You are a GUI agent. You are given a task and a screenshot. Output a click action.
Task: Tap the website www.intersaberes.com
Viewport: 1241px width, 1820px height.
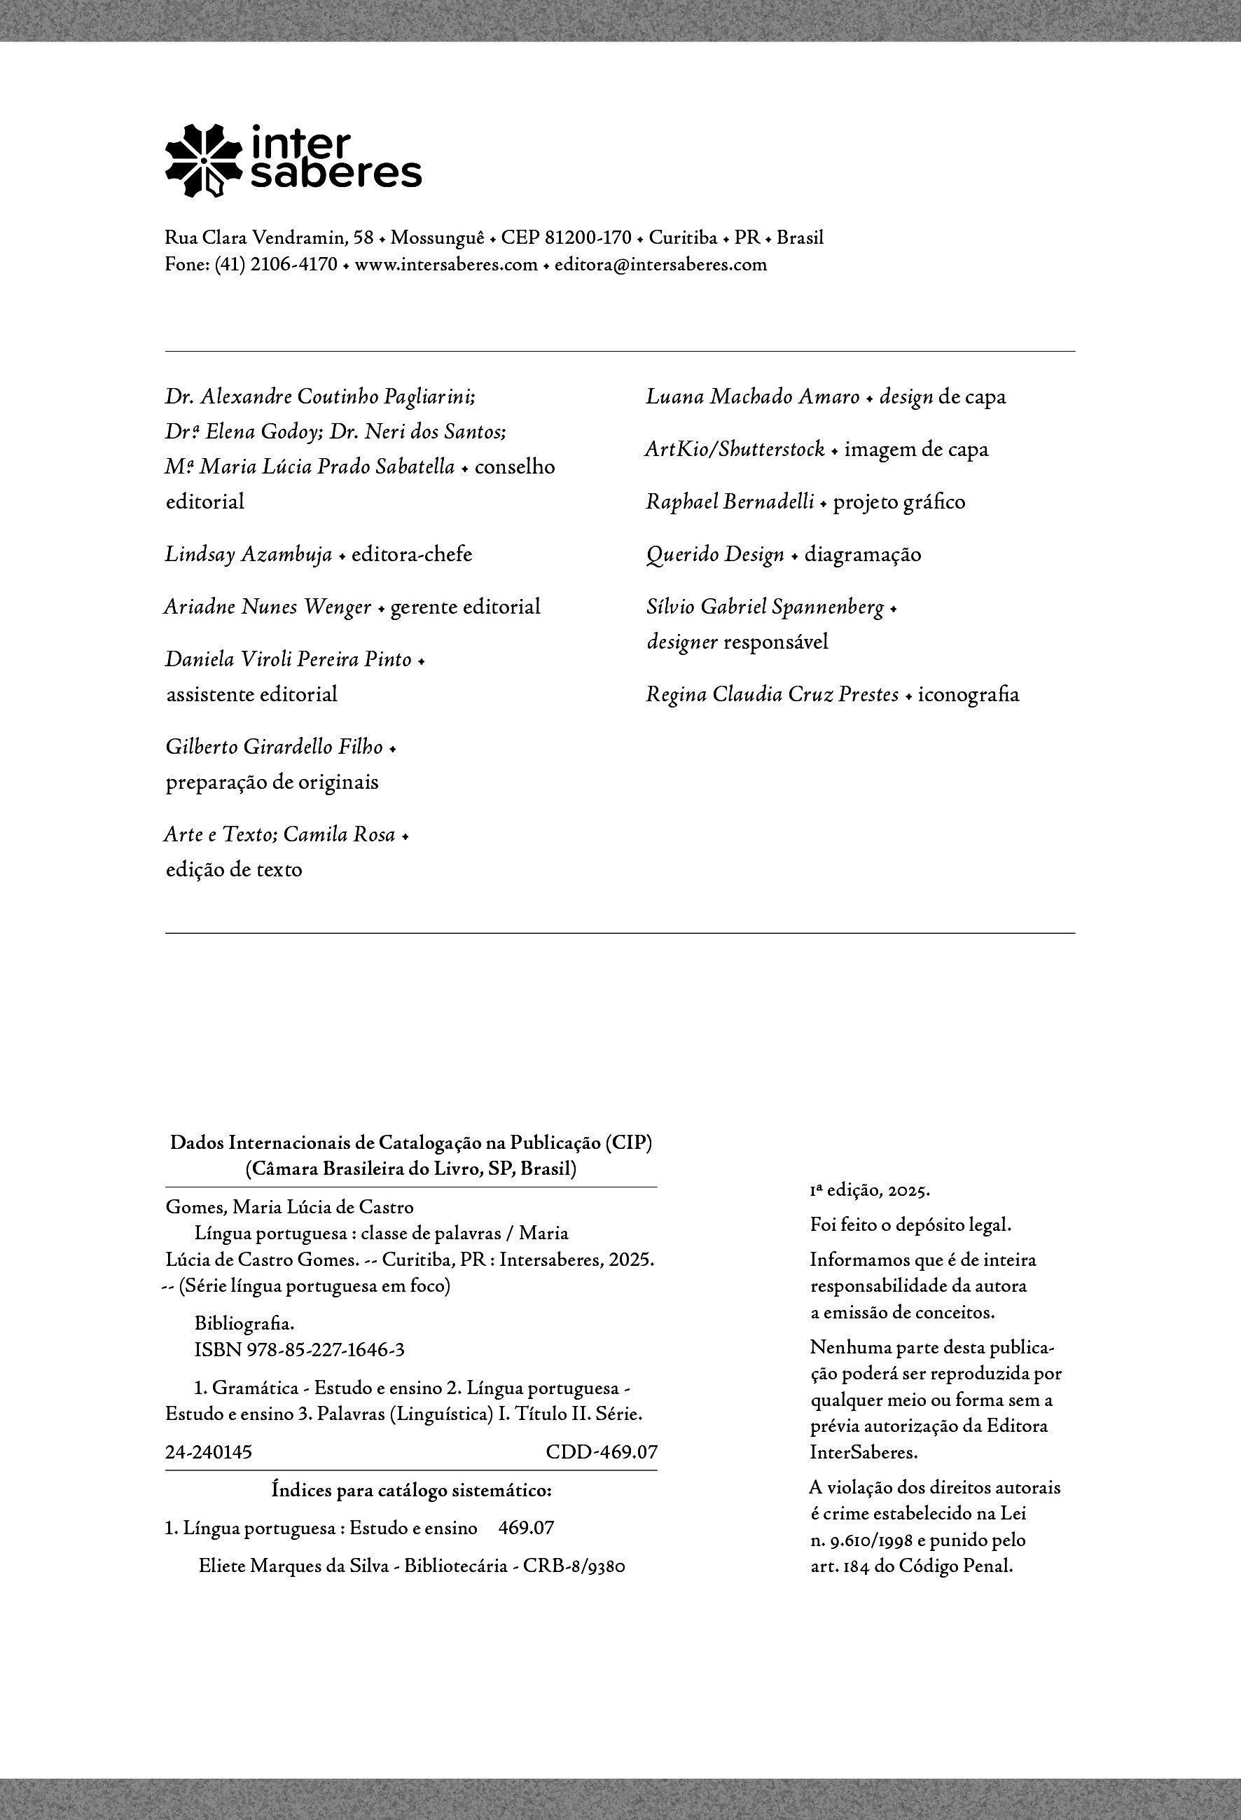pos(446,265)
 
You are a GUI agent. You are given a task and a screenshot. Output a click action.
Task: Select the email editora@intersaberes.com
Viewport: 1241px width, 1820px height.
pos(661,265)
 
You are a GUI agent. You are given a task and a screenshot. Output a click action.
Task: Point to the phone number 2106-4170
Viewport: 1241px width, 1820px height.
pos(293,265)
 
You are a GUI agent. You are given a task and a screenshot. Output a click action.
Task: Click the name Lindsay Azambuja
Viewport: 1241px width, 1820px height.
pos(248,554)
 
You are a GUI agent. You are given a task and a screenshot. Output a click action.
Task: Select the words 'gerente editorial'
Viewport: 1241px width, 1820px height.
pos(465,607)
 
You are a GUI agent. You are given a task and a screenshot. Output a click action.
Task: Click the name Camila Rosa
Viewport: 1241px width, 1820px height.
pos(339,835)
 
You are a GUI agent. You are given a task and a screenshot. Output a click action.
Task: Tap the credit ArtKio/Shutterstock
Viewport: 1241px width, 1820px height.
pos(735,450)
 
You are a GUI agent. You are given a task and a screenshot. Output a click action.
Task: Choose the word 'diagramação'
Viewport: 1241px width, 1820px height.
pos(863,554)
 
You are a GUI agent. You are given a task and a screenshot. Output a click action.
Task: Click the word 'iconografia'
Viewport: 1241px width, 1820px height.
pos(969,695)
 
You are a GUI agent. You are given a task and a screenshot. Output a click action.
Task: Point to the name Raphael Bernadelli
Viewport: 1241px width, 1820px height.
pos(730,502)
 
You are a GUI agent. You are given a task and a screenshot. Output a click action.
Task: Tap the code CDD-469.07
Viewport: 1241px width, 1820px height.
pos(602,1452)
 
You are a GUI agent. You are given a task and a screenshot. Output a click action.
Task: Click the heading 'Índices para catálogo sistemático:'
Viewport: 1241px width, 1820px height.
pos(411,1489)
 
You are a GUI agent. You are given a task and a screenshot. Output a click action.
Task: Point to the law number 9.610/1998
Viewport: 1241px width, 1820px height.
pos(871,1540)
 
